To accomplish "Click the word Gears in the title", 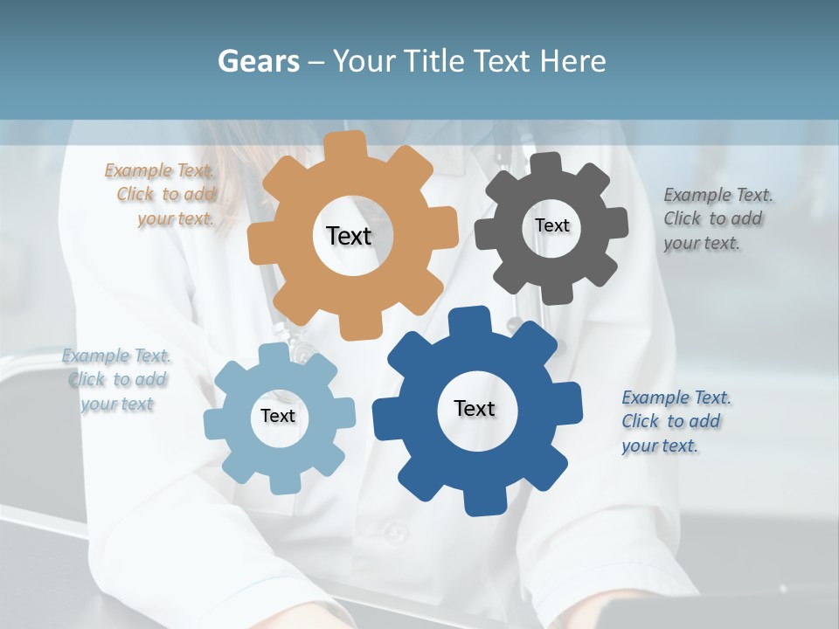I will tap(257, 61).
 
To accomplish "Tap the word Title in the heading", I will tap(437, 61).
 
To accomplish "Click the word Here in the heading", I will tap(572, 61).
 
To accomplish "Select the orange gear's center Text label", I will tap(349, 236).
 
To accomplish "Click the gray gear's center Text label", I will tap(551, 225).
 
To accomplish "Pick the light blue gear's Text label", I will tap(278, 416).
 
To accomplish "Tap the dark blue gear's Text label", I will tap(475, 408).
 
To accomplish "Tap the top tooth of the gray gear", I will tap(545, 164).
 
